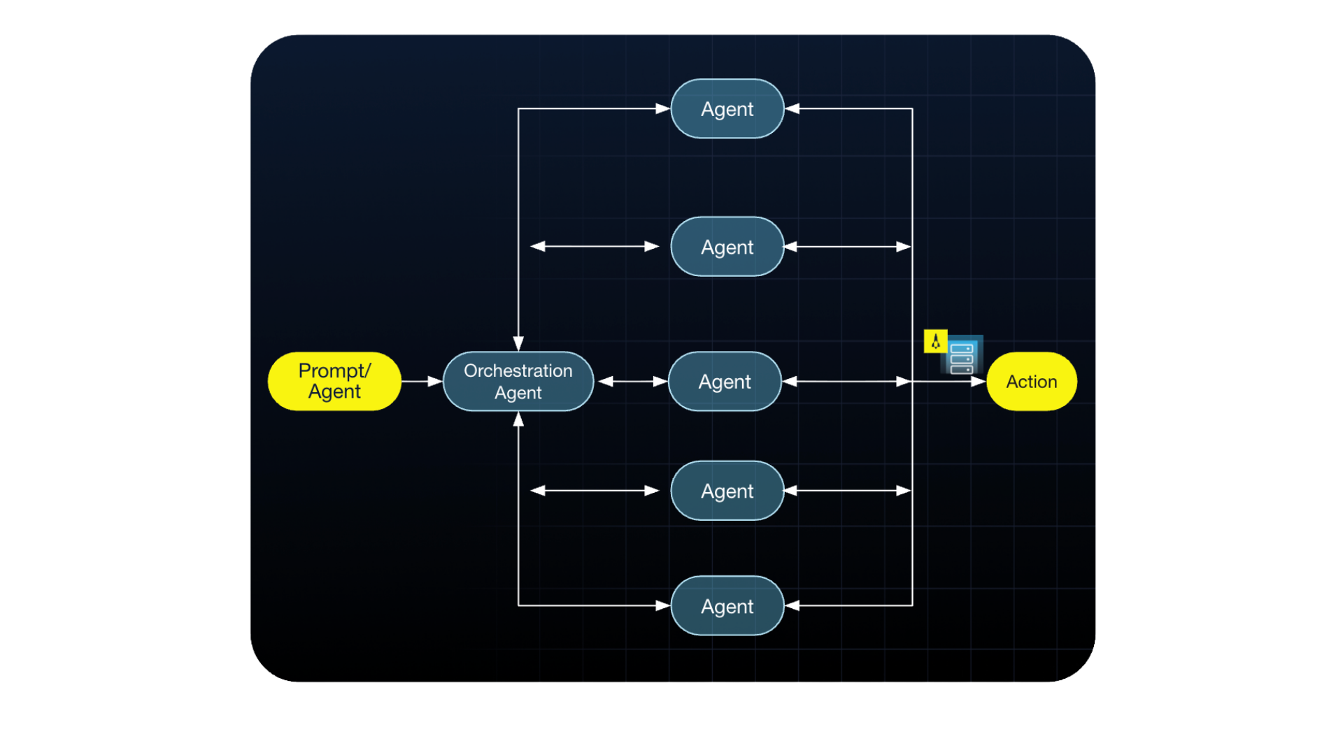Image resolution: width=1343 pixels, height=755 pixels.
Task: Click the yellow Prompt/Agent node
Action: coord(334,381)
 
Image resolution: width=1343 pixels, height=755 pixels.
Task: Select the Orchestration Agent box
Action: coord(518,381)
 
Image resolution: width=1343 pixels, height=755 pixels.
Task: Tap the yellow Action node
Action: coord(1031,381)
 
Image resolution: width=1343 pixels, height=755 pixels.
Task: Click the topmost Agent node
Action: coord(727,109)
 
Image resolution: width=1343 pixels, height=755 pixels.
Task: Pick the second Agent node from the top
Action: coord(727,247)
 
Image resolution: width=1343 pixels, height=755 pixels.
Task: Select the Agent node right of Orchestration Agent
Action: coord(725,381)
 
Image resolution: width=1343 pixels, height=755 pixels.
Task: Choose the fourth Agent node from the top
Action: coord(727,491)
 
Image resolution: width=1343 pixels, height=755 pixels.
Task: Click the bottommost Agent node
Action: coord(727,606)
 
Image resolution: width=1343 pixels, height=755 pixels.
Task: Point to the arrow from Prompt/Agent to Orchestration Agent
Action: coord(422,381)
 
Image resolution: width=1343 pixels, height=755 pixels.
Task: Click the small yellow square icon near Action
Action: coord(935,341)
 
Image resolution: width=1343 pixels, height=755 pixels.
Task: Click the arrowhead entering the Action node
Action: coord(979,382)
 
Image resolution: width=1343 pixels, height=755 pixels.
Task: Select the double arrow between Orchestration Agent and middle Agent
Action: coord(632,381)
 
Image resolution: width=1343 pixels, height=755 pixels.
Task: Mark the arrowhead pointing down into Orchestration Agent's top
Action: coord(518,343)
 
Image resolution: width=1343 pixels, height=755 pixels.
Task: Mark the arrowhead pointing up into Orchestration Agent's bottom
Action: coord(518,419)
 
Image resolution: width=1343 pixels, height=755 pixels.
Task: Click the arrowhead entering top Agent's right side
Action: coord(792,109)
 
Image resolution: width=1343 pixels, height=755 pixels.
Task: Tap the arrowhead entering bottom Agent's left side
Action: coord(662,606)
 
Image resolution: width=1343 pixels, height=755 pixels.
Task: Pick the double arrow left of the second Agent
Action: coord(595,247)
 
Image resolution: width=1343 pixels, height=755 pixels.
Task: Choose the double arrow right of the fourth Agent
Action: coord(846,491)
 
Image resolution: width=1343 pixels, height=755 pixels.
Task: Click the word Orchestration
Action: coord(518,371)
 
